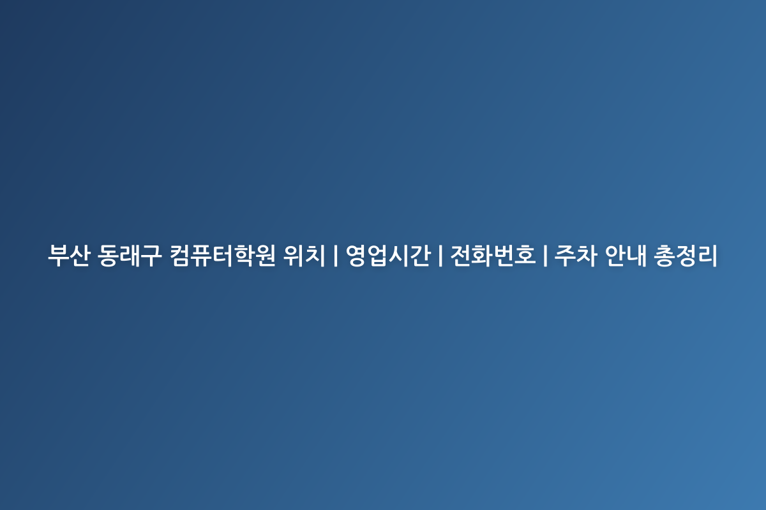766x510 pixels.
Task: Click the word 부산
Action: [x=69, y=255]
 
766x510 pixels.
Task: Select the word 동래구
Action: [x=130, y=255]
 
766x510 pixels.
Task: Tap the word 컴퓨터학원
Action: [x=223, y=255]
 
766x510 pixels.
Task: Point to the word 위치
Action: [x=304, y=255]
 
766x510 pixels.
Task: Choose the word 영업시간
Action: [x=388, y=255]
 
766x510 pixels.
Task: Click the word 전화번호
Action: [x=493, y=255]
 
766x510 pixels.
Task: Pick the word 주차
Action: [x=576, y=255]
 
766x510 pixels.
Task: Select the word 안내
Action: [x=626, y=255]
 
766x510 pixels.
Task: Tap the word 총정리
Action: [x=686, y=255]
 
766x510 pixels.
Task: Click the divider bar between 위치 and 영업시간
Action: [x=336, y=255]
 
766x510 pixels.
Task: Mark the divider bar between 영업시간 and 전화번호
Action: [x=440, y=255]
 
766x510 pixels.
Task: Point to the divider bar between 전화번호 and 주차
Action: [x=545, y=255]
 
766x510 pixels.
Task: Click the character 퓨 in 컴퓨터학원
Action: [x=202, y=255]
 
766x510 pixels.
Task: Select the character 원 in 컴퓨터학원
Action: [x=265, y=255]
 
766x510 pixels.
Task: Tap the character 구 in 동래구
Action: [x=151, y=255]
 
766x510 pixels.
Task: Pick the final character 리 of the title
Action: [x=707, y=255]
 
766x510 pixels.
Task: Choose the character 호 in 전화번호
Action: [x=525, y=255]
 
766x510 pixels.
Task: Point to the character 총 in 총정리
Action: [x=664, y=255]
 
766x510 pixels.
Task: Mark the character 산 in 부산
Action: [x=80, y=255]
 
